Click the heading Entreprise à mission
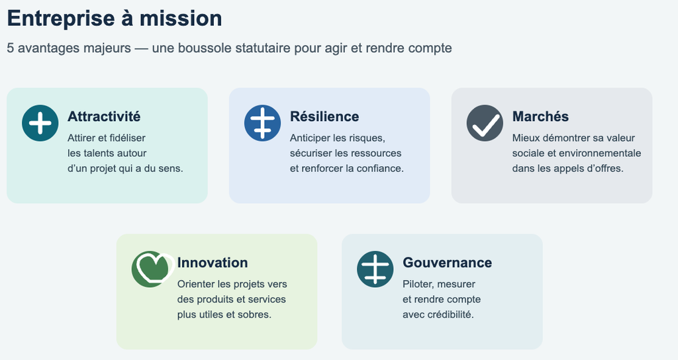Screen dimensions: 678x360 coord(115,19)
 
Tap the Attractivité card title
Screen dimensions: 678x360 coord(104,116)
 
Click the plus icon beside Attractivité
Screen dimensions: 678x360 coord(40,122)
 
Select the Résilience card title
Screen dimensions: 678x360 coord(324,116)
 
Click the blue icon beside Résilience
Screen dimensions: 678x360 coord(262,122)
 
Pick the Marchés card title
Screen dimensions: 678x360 coord(540,116)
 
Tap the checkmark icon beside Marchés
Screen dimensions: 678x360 coord(485,122)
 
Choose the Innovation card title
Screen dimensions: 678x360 coord(213,262)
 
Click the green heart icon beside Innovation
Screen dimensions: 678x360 coord(152,269)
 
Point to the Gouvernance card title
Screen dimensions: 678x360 coord(447,262)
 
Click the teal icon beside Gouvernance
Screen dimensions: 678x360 coord(375,269)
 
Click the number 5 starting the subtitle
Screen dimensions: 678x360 coord(11,48)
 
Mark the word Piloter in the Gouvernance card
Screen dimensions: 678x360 coord(418,284)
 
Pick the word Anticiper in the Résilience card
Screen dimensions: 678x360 coord(310,138)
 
